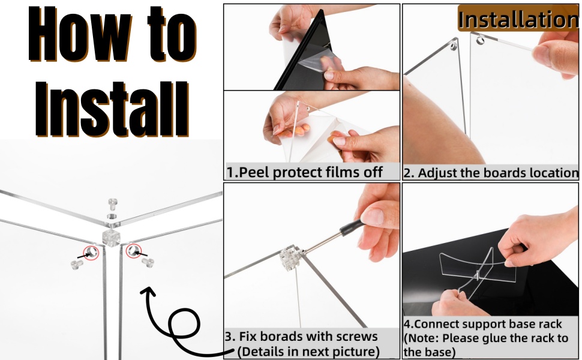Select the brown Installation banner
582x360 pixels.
coord(518,19)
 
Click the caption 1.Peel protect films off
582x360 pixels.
coord(304,172)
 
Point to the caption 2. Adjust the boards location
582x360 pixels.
coord(490,173)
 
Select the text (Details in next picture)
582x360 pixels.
coord(308,350)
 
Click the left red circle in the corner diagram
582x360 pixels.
coord(91,252)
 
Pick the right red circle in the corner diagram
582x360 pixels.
coord(133,251)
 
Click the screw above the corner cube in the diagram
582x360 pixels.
coord(112,204)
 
